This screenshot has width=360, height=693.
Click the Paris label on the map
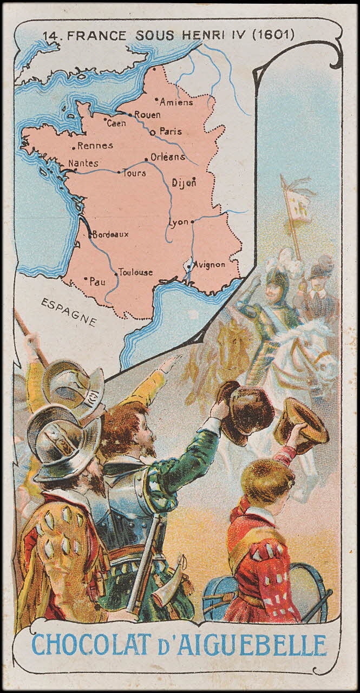pyautogui.click(x=170, y=131)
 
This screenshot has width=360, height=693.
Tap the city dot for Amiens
pyautogui.click(x=156, y=100)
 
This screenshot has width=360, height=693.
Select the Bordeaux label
pyautogui.click(x=111, y=234)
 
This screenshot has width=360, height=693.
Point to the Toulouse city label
pyautogui.click(x=136, y=272)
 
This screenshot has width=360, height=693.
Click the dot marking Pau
pyautogui.click(x=86, y=278)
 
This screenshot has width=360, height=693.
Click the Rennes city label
pyautogui.click(x=95, y=145)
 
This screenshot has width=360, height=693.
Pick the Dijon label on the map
pyautogui.click(x=183, y=183)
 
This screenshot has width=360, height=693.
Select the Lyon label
pyautogui.click(x=179, y=222)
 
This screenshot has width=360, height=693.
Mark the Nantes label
pyautogui.click(x=83, y=163)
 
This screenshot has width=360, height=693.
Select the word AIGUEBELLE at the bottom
pyautogui.click(x=258, y=645)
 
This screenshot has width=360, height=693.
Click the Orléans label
pyautogui.click(x=168, y=157)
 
